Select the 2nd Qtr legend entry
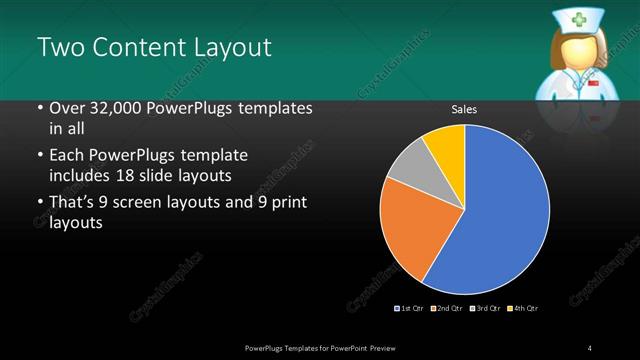pos(446,307)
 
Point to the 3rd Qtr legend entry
pos(483,307)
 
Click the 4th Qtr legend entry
pos(523,307)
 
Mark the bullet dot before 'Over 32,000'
pos(39,109)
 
